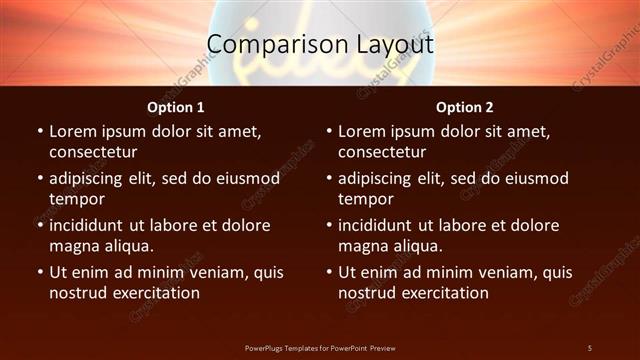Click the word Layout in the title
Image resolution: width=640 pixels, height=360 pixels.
383,45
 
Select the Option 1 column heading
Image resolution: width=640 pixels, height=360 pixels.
176,107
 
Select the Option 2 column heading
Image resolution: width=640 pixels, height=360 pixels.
465,107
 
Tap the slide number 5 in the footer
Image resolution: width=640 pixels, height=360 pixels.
590,347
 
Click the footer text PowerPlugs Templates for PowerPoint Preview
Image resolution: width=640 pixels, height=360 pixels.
320,347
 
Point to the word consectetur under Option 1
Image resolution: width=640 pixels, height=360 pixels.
93,152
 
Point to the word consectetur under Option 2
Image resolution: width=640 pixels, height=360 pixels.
382,152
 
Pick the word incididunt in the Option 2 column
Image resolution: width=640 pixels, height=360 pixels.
381,225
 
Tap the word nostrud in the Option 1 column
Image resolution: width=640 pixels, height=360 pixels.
77,292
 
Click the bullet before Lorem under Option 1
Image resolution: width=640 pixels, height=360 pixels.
39,132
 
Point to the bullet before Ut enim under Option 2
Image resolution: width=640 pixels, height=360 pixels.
328,272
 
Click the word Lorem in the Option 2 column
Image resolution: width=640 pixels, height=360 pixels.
362,132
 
